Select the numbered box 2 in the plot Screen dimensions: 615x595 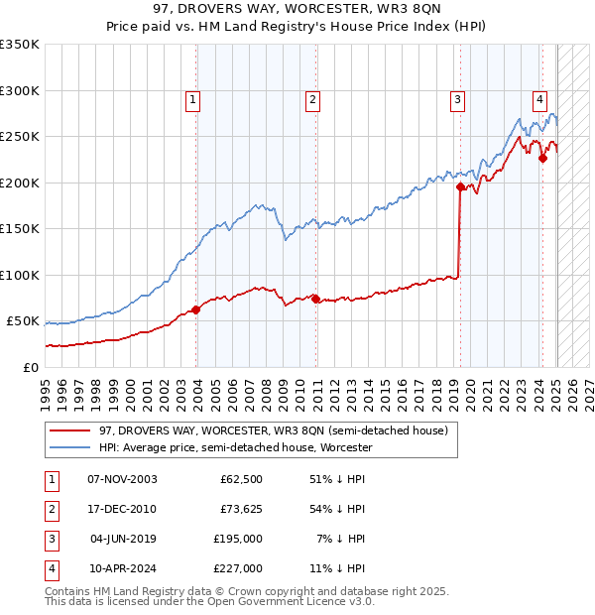point(312,99)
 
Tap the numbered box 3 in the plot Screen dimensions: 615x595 point(457,99)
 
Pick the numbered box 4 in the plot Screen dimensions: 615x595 point(539,99)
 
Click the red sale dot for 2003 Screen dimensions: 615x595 point(196,309)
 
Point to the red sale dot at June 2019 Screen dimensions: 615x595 point(460,186)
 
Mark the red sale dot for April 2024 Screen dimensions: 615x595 point(542,159)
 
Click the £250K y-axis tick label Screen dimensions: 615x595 point(20,137)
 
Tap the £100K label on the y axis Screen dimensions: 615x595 point(20,276)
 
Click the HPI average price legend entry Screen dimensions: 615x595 point(235,447)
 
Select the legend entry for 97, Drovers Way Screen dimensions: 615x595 point(274,430)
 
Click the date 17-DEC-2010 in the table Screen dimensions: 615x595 point(122,509)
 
